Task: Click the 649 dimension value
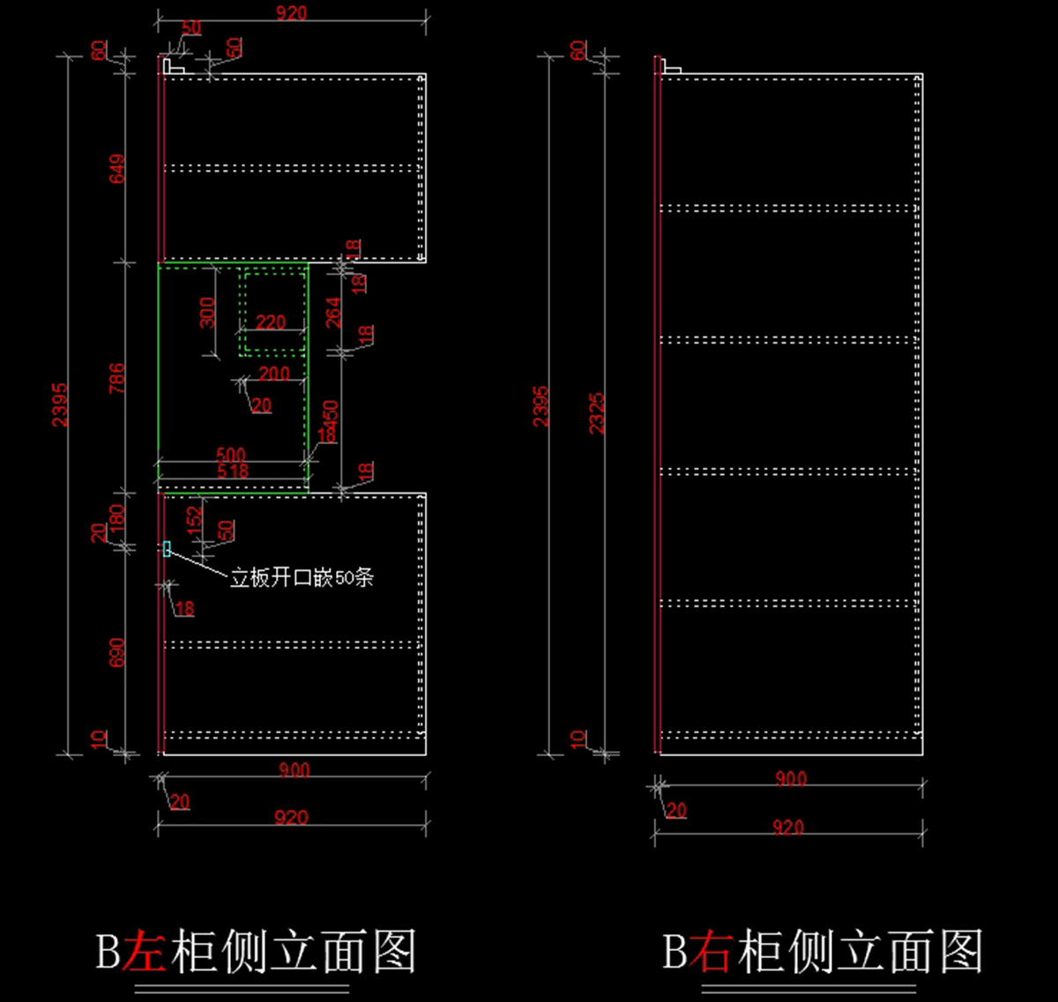pos(117,168)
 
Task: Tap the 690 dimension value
pos(117,652)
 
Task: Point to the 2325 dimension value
pos(597,412)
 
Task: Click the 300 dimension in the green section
pos(207,312)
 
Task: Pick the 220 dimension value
pos(271,323)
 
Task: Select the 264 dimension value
pos(333,313)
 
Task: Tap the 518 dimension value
pos(232,471)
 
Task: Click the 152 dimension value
pos(196,516)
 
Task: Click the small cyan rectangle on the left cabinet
pos(167,549)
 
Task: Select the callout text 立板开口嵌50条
pos(302,578)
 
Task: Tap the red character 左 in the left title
pos(144,952)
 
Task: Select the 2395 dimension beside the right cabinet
pos(541,405)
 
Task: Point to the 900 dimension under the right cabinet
pos(790,779)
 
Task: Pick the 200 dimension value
pos(274,374)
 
